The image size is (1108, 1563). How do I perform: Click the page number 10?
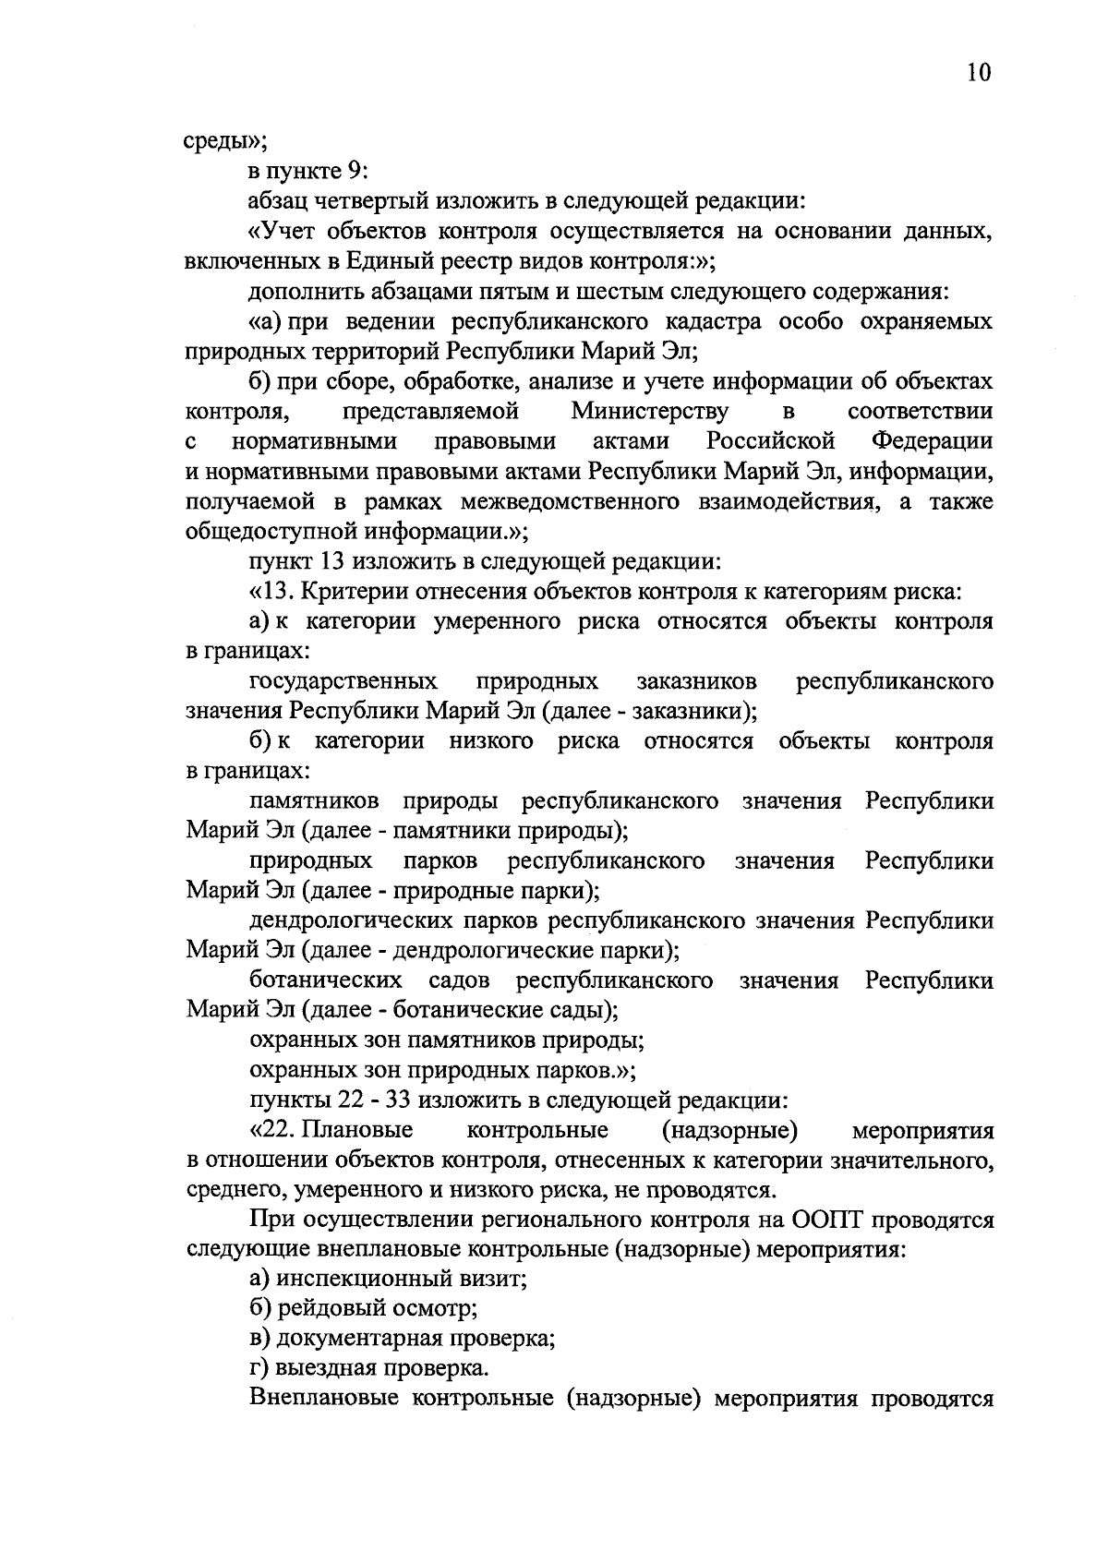[979, 73]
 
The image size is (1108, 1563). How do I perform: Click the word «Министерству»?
[649, 411]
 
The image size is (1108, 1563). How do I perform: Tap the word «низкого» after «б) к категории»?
[491, 741]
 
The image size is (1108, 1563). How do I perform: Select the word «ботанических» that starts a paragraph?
[325, 980]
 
